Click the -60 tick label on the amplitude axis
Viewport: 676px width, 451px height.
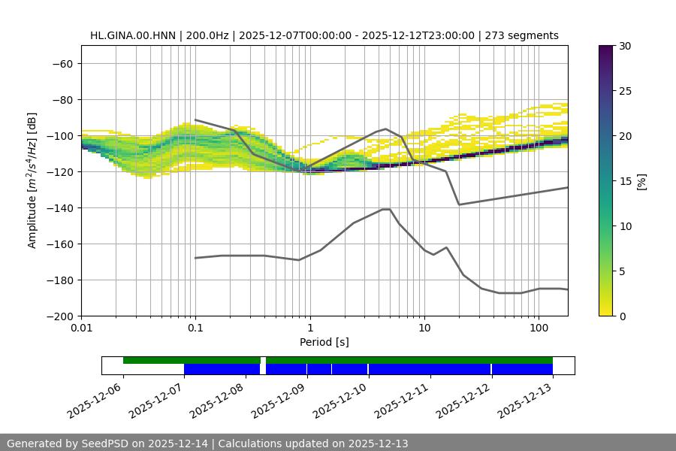62,64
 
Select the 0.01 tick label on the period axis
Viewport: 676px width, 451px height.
81,328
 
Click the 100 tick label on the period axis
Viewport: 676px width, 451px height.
539,328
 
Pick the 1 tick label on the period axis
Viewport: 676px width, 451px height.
310,328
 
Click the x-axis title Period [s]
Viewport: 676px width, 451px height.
324,342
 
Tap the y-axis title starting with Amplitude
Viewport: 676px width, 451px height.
32,181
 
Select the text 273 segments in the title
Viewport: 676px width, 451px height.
522,35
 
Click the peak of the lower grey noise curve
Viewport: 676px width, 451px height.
386,209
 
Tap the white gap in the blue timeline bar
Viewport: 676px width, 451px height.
263,369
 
